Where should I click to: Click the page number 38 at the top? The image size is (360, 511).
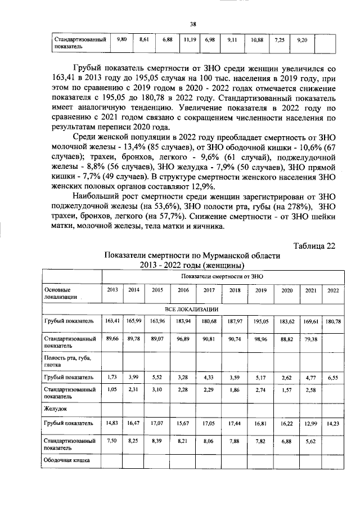[192, 24]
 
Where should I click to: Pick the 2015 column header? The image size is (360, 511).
[156, 290]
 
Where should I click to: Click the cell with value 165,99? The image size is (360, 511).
[134, 321]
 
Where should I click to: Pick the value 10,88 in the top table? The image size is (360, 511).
[257, 41]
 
